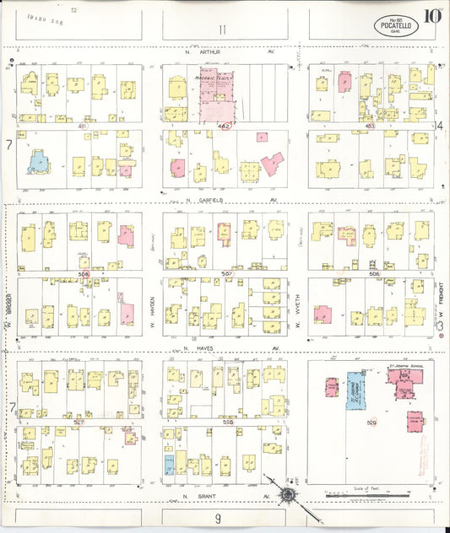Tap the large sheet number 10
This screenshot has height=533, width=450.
click(x=431, y=15)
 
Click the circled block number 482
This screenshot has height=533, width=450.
click(x=224, y=126)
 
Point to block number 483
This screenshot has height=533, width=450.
click(x=370, y=126)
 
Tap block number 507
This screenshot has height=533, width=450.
click(x=226, y=273)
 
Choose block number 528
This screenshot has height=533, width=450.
click(x=227, y=422)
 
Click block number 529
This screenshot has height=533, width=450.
click(x=371, y=421)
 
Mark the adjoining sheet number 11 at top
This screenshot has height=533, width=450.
click(x=222, y=30)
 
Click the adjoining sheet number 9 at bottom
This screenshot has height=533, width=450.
click(x=217, y=518)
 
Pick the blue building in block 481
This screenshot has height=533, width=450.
click(x=37, y=160)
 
